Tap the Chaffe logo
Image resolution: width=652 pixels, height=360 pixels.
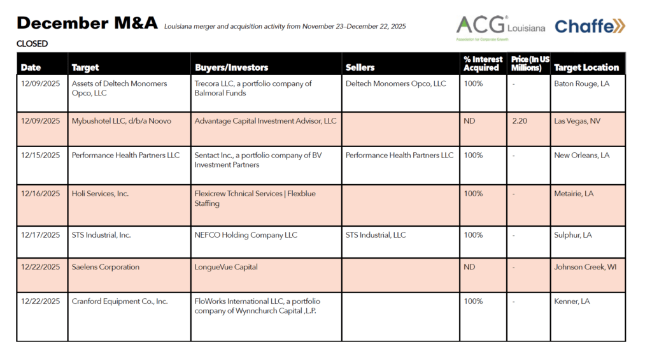(x=590, y=26)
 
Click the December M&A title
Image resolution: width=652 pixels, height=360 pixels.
(x=87, y=24)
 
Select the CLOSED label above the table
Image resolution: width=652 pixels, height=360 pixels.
(x=32, y=44)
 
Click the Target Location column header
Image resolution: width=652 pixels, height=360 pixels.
(x=586, y=68)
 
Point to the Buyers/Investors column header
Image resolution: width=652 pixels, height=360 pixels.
(x=231, y=68)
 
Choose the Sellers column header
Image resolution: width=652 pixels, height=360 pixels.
(x=360, y=68)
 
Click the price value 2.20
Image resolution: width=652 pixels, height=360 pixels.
(x=520, y=121)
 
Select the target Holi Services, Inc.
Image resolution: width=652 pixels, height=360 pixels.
(x=100, y=194)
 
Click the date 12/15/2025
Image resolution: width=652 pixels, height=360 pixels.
(x=40, y=155)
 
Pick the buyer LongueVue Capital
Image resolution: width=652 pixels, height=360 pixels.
(x=226, y=267)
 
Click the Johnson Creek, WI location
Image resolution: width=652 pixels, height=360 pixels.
(x=585, y=267)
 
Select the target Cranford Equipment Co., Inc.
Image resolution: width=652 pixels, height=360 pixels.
(x=120, y=301)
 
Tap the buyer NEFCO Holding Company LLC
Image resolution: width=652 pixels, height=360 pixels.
(x=246, y=235)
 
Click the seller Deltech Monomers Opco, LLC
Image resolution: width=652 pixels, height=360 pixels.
(x=395, y=83)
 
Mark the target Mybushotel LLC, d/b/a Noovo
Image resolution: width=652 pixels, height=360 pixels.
(x=122, y=121)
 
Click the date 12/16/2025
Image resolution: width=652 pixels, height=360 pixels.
(x=40, y=194)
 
